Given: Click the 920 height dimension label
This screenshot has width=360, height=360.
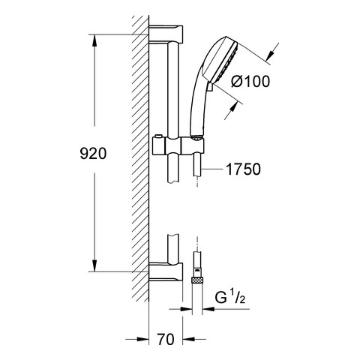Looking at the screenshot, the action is (x=93, y=154).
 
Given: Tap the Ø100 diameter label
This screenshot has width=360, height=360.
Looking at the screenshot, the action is (x=250, y=81).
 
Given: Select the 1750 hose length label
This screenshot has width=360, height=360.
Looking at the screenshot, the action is (x=243, y=169).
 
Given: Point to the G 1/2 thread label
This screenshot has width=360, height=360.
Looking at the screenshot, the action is (x=230, y=297).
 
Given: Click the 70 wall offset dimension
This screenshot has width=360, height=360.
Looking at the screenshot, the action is (x=166, y=340).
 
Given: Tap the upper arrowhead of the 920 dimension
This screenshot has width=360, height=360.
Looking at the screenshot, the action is (x=94, y=40).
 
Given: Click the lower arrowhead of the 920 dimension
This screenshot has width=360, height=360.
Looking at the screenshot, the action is (x=94, y=265).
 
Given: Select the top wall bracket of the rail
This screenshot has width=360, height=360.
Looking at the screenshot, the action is (x=166, y=33).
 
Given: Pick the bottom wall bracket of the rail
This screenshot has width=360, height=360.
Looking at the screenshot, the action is (x=166, y=272).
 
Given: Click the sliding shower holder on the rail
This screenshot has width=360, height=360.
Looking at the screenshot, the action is (x=178, y=145).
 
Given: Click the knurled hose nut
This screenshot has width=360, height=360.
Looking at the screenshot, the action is (x=197, y=280).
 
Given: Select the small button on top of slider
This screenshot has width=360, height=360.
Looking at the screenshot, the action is (x=157, y=136).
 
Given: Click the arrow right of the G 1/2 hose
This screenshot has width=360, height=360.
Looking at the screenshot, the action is (x=208, y=309).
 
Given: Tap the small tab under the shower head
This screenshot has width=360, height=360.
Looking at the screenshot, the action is (x=210, y=87).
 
